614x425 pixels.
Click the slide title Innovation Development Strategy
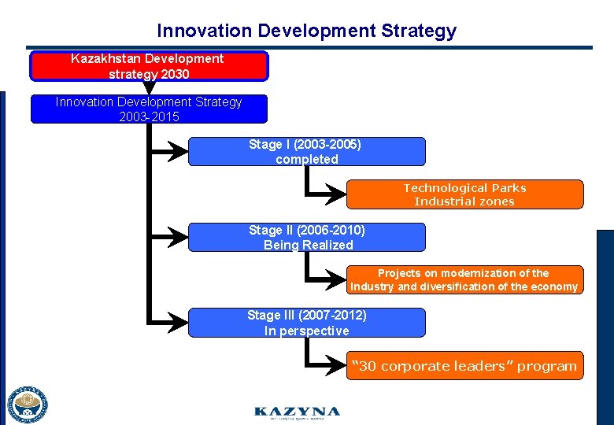(306, 31)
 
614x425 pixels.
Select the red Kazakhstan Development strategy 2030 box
(149, 66)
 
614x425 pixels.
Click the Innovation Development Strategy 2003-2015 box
(149, 109)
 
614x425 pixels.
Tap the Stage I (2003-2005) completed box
(306, 152)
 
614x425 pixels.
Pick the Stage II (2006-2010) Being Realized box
(306, 238)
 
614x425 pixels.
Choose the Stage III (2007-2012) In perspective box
(306, 323)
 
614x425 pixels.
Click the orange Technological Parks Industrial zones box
(464, 194)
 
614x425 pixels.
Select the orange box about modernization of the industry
(464, 280)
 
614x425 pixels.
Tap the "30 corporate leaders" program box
(464, 366)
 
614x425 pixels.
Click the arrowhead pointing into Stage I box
(180, 152)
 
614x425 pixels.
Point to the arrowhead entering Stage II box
(180, 238)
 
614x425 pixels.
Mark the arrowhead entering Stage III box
(180, 323)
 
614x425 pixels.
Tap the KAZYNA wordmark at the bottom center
(297, 412)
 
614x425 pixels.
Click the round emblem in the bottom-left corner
(28, 405)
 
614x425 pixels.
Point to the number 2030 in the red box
(175, 74)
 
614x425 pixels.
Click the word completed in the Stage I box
(306, 160)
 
